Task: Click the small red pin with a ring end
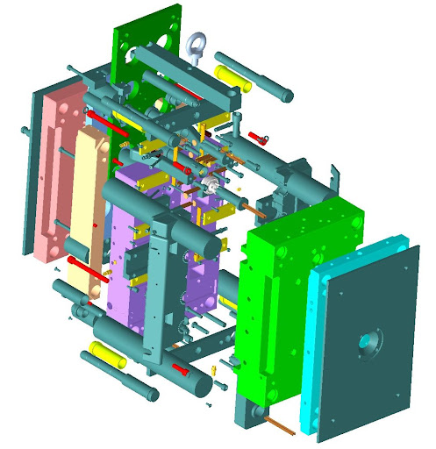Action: pos(256,136)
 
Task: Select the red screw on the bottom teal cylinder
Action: pos(182,369)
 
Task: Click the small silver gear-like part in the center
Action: pos(211,185)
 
